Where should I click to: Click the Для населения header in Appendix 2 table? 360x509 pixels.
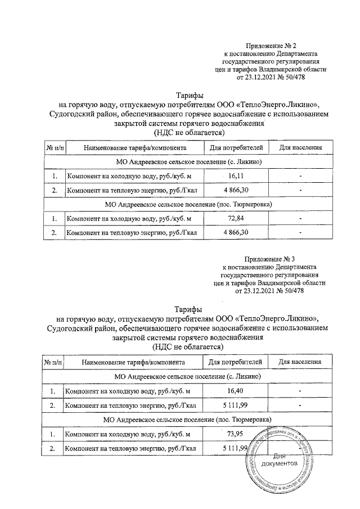coord(301,148)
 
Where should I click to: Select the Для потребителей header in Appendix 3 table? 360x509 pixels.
coord(236,362)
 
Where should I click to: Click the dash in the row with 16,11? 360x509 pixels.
coord(301,177)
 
